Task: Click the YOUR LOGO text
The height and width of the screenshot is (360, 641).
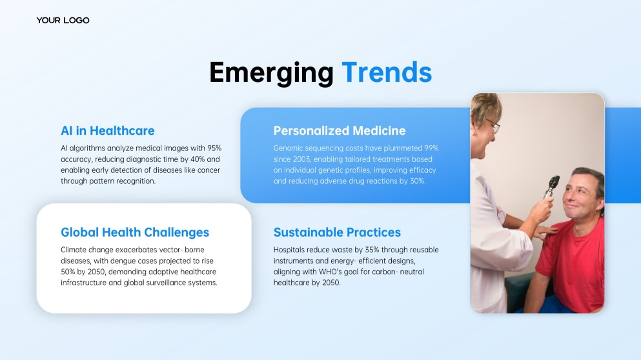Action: click(x=63, y=21)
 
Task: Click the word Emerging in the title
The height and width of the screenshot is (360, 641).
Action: click(x=272, y=73)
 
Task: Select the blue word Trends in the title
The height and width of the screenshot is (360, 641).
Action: click(x=387, y=72)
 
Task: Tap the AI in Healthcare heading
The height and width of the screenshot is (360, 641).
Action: click(x=108, y=131)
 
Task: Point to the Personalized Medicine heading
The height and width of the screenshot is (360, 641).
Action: click(x=340, y=131)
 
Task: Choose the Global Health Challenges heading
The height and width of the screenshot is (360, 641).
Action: click(x=135, y=232)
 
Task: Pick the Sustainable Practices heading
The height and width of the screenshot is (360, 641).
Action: click(x=337, y=232)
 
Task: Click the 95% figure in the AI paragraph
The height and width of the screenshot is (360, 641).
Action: click(x=214, y=148)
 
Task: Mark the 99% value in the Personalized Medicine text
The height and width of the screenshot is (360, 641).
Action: click(x=431, y=148)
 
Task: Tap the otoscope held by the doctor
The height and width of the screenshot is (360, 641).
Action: click(x=551, y=186)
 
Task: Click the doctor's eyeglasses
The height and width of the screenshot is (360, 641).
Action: click(x=493, y=125)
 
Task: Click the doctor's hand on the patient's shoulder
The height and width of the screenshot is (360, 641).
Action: click(x=545, y=231)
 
